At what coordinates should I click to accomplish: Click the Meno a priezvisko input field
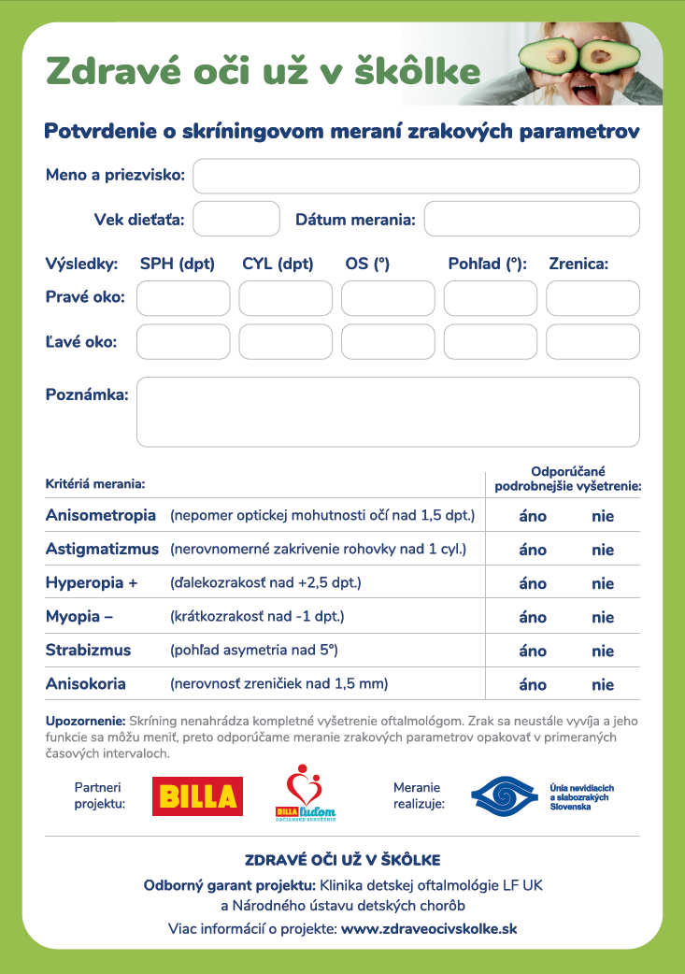coord(416,176)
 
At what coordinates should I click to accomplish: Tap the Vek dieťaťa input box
coord(235,219)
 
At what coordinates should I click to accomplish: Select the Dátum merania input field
coord(532,219)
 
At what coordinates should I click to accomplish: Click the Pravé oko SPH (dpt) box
coord(183,298)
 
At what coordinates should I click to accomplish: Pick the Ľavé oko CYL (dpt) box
coord(285,342)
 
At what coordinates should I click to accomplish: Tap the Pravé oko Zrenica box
coord(592,298)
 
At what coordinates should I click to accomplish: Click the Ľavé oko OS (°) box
coord(388,342)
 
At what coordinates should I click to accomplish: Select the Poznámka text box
coord(388,412)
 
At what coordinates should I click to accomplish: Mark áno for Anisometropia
coord(533,516)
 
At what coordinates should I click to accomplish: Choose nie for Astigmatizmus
coord(603,550)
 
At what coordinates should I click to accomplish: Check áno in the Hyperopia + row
coord(533,583)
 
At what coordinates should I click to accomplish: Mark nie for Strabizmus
coord(603,651)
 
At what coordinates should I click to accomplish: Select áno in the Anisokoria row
coord(533,684)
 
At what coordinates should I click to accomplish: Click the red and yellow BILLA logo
coord(197,795)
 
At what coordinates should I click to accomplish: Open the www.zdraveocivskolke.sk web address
coord(429,929)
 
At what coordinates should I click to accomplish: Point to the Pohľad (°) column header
coord(487,264)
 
